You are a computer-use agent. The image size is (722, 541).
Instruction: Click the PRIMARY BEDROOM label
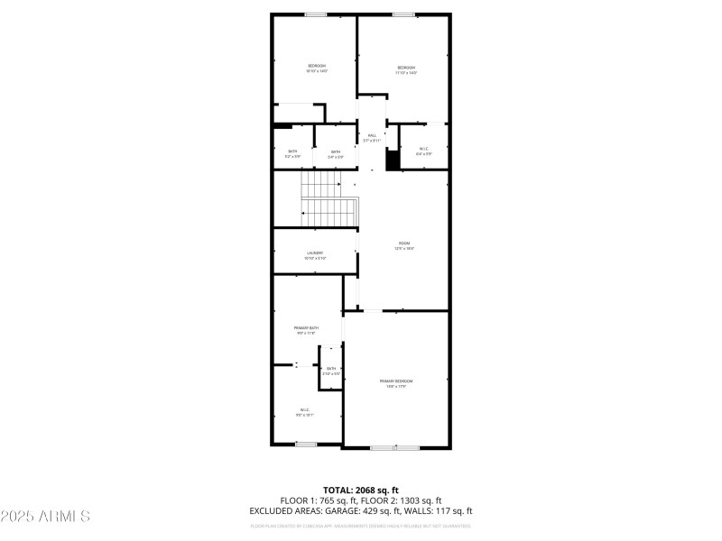coord(397,381)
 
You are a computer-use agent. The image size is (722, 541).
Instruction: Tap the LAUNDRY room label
coord(315,252)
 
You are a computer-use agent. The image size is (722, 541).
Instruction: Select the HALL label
coord(372,135)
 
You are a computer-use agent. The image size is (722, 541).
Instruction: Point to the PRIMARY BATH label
coord(307,327)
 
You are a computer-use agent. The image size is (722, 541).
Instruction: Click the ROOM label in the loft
coord(404,243)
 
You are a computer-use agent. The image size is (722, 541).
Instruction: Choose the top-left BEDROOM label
coord(317,66)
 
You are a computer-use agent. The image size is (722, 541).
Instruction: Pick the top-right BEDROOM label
coord(406,68)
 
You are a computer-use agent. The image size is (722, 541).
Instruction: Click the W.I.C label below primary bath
coord(305,410)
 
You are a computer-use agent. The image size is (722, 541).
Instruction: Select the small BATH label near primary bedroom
coord(331,369)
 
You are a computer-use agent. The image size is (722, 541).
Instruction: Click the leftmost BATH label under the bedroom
coord(292,151)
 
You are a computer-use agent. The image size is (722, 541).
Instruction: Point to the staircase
coord(329,200)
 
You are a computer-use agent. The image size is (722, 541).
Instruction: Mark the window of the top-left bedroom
coord(316,14)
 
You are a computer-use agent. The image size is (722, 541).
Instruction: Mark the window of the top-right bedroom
coord(403,14)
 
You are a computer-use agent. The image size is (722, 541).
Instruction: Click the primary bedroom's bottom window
coord(395,447)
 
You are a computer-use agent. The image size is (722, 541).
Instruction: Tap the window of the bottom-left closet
coord(306,444)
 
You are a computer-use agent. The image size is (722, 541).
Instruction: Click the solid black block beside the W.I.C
coord(393,160)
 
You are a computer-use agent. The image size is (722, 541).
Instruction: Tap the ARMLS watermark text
coord(45,517)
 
